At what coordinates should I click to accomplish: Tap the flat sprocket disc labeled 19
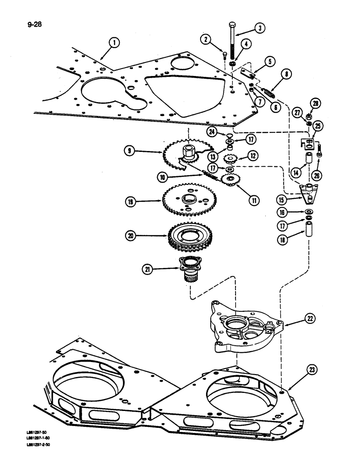(185, 201)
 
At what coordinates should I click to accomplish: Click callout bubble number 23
(309, 371)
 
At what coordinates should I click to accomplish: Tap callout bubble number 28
(317, 103)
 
